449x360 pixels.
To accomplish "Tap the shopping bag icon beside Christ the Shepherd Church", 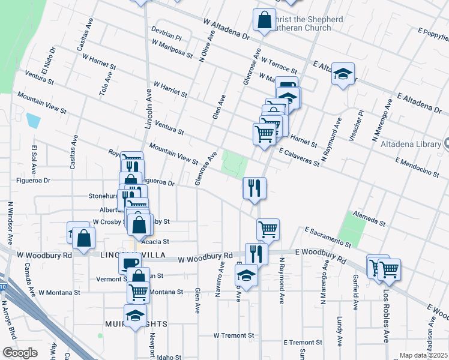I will [x=264, y=20].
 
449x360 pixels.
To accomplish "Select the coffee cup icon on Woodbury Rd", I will [x=129, y=263].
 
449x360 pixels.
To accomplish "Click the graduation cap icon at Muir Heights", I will [x=135, y=315].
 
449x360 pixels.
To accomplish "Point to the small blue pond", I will [x=33, y=121].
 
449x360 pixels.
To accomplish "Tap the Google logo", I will [x=20, y=353].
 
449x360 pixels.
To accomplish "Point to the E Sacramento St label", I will [x=327, y=238].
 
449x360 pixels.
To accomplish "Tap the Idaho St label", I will [x=169, y=358].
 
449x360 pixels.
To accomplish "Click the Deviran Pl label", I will [x=166, y=37].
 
